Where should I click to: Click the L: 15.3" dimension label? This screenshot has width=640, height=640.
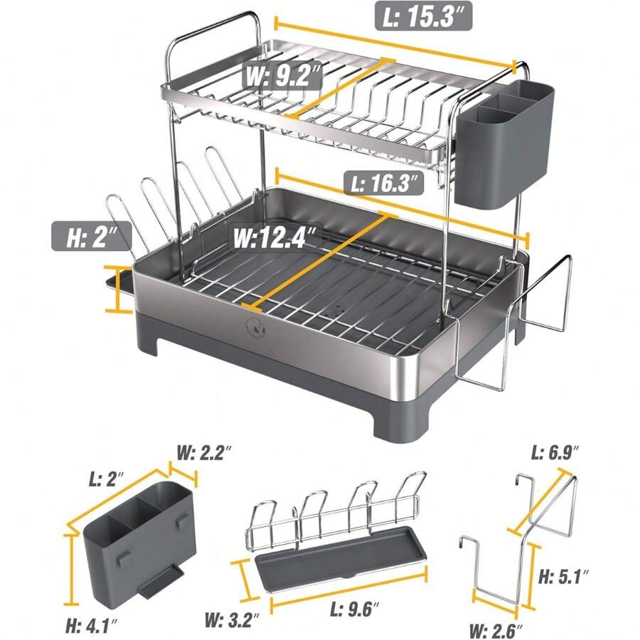pyautogui.click(x=424, y=16)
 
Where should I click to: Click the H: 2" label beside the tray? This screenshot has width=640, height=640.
pyautogui.click(x=92, y=235)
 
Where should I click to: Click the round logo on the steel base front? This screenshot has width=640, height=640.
pyautogui.click(x=254, y=328)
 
